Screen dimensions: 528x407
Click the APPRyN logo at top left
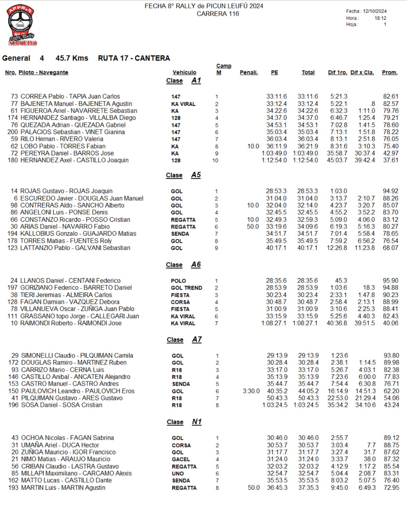(21, 25)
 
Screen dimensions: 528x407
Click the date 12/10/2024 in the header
(375, 11)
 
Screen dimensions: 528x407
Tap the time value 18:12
(380, 18)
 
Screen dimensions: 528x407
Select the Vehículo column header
(184, 72)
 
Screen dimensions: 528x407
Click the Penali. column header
(248, 72)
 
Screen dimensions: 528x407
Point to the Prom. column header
(390, 72)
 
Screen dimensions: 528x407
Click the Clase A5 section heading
(183, 175)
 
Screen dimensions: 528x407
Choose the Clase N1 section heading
(184, 422)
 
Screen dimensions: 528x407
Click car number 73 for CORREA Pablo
(14, 96)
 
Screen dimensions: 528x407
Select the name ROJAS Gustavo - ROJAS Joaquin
(66, 191)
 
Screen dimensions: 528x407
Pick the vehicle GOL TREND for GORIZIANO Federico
(186, 288)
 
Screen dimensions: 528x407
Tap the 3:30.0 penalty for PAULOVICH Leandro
(251, 391)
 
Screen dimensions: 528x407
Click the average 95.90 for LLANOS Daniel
(391, 280)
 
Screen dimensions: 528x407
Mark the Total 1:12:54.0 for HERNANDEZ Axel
(305, 160)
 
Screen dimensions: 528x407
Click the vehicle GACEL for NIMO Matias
(181, 459)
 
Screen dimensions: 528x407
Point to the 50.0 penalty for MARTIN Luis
(253, 488)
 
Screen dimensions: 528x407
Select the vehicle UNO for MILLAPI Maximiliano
(178, 474)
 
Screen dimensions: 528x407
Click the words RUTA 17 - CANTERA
(134, 58)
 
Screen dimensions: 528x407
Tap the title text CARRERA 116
(218, 14)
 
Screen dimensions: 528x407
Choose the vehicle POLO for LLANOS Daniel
(178, 281)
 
